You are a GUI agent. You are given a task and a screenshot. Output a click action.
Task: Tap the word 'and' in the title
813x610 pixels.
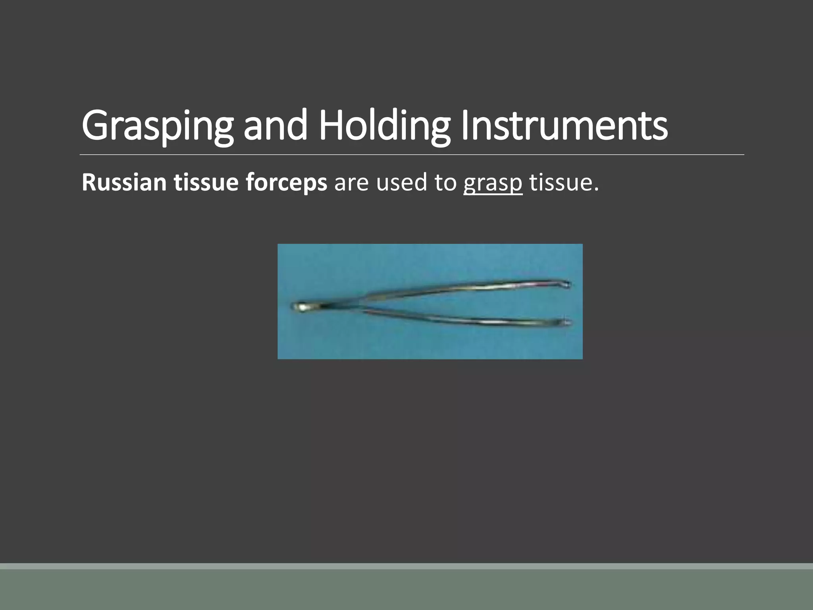pos(275,125)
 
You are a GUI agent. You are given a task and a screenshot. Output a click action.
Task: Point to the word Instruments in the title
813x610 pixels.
pos(564,125)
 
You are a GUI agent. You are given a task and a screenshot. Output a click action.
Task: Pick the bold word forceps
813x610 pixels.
pos(286,183)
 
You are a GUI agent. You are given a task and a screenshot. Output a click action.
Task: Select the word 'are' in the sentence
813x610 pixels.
pos(352,183)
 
